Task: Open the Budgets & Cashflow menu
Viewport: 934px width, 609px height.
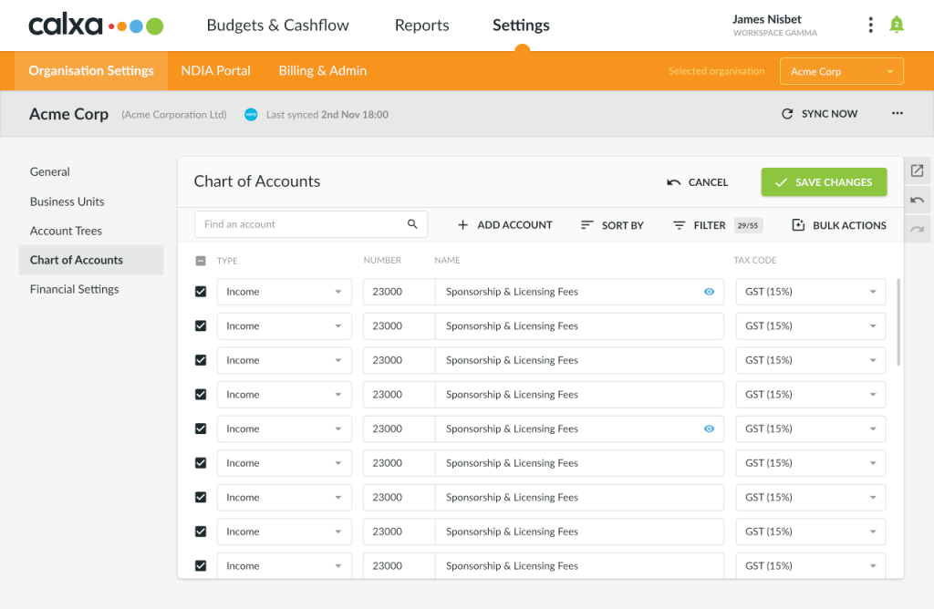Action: pos(277,26)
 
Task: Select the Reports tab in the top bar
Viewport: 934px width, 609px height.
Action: pos(421,26)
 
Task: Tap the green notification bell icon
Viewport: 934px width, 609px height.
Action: pos(896,25)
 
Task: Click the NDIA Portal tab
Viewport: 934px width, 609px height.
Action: pos(215,71)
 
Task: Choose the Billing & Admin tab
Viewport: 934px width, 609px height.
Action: pos(322,71)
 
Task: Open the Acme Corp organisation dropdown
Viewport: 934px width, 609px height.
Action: pos(841,71)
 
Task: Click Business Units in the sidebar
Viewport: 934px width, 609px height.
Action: pos(67,201)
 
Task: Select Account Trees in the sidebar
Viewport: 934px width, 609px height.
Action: pos(66,231)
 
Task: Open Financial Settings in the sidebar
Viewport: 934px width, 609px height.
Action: pos(75,289)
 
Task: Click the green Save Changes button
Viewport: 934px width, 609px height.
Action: pos(824,182)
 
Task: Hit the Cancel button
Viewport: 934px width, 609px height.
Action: pos(698,182)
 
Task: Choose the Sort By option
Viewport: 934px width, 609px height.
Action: pos(612,225)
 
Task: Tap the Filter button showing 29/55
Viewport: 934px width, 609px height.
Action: pos(716,225)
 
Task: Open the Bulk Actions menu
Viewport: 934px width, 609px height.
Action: pos(839,225)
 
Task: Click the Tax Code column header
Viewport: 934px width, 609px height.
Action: pos(755,261)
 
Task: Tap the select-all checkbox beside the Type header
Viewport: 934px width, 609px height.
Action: pos(201,261)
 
